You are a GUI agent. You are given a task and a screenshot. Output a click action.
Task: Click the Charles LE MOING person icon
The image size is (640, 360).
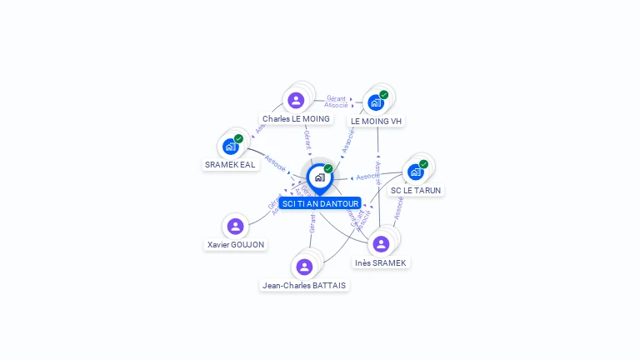point(296,100)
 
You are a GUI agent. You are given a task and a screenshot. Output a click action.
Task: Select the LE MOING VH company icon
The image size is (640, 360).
point(375,102)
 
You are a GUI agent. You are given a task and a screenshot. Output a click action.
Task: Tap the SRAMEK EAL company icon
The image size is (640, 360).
point(231,147)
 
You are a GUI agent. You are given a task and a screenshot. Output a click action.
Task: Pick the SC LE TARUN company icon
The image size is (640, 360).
point(415,172)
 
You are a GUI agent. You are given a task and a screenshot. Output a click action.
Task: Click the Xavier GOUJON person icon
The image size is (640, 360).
point(236,226)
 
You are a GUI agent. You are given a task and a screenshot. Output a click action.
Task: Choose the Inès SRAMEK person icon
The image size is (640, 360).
point(381,243)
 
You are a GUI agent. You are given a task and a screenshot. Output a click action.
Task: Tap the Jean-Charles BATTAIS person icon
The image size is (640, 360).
point(304,267)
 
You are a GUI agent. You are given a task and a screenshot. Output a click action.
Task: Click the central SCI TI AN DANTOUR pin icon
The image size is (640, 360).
point(319,177)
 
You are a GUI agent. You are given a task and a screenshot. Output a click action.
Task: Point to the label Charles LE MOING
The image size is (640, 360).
point(296,119)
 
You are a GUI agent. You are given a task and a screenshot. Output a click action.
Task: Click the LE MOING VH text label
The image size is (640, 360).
point(376,122)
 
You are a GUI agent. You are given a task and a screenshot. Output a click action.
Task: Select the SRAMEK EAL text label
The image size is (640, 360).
point(231,165)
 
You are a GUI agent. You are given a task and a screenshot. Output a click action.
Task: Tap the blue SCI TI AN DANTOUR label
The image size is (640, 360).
point(320,203)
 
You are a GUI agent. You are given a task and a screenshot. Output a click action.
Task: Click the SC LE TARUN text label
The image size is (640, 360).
point(416,190)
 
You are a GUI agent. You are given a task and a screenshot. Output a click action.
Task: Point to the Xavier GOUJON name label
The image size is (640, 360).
point(236,245)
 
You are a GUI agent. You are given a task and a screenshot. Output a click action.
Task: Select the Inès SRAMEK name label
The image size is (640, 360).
point(381,262)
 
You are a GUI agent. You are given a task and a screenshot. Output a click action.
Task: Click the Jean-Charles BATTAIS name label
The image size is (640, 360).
point(304,285)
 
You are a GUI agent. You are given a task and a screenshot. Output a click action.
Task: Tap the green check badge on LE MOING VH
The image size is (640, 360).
point(384,94)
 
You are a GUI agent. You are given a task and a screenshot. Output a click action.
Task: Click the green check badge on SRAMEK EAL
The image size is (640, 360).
point(239,138)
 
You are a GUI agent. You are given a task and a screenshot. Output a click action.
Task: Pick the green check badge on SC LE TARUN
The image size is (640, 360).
point(423,164)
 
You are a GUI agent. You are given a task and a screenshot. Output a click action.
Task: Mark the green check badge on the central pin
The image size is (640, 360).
point(328,168)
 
